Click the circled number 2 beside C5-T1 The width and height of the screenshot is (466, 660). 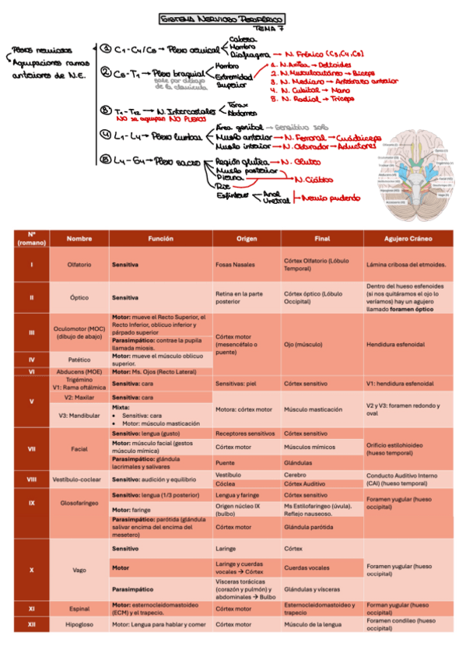point(106,73)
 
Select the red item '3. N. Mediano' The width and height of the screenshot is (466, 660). point(295,80)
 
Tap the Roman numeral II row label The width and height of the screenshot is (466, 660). point(32,297)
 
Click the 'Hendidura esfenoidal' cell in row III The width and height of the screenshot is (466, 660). point(395,344)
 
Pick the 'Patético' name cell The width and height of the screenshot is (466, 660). point(79,360)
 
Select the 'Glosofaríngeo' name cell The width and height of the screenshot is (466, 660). point(79,504)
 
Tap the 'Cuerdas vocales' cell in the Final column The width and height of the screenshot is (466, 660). point(307,568)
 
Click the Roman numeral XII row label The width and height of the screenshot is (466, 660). point(32,623)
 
